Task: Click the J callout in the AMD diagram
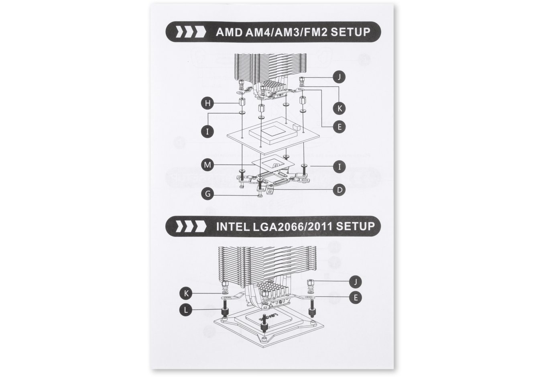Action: [340, 77]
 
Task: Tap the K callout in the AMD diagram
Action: [340, 108]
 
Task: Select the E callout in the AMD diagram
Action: [340, 127]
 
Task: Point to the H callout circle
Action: [207, 104]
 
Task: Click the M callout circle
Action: [207, 165]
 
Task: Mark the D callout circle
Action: [340, 190]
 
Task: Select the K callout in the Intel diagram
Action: [186, 293]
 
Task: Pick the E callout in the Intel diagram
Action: [355, 298]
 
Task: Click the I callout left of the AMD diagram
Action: [207, 131]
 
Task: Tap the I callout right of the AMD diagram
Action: [340, 166]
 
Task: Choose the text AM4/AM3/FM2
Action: [287, 32]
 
